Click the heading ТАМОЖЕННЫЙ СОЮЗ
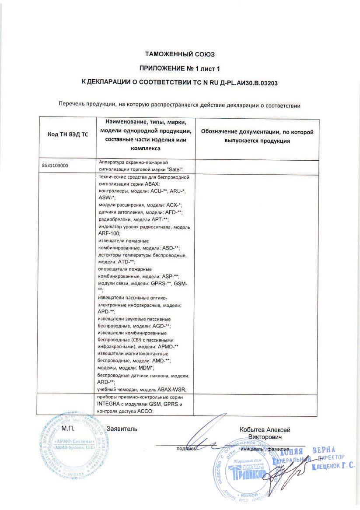pyautogui.click(x=180, y=54)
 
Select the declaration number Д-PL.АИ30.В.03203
pyautogui.click(x=245, y=82)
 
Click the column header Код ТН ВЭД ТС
pyautogui.click(x=67, y=134)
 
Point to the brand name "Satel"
pyautogui.click(x=175, y=169)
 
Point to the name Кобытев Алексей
pyautogui.click(x=265, y=430)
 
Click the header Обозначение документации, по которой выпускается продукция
pyautogui.click(x=257, y=136)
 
